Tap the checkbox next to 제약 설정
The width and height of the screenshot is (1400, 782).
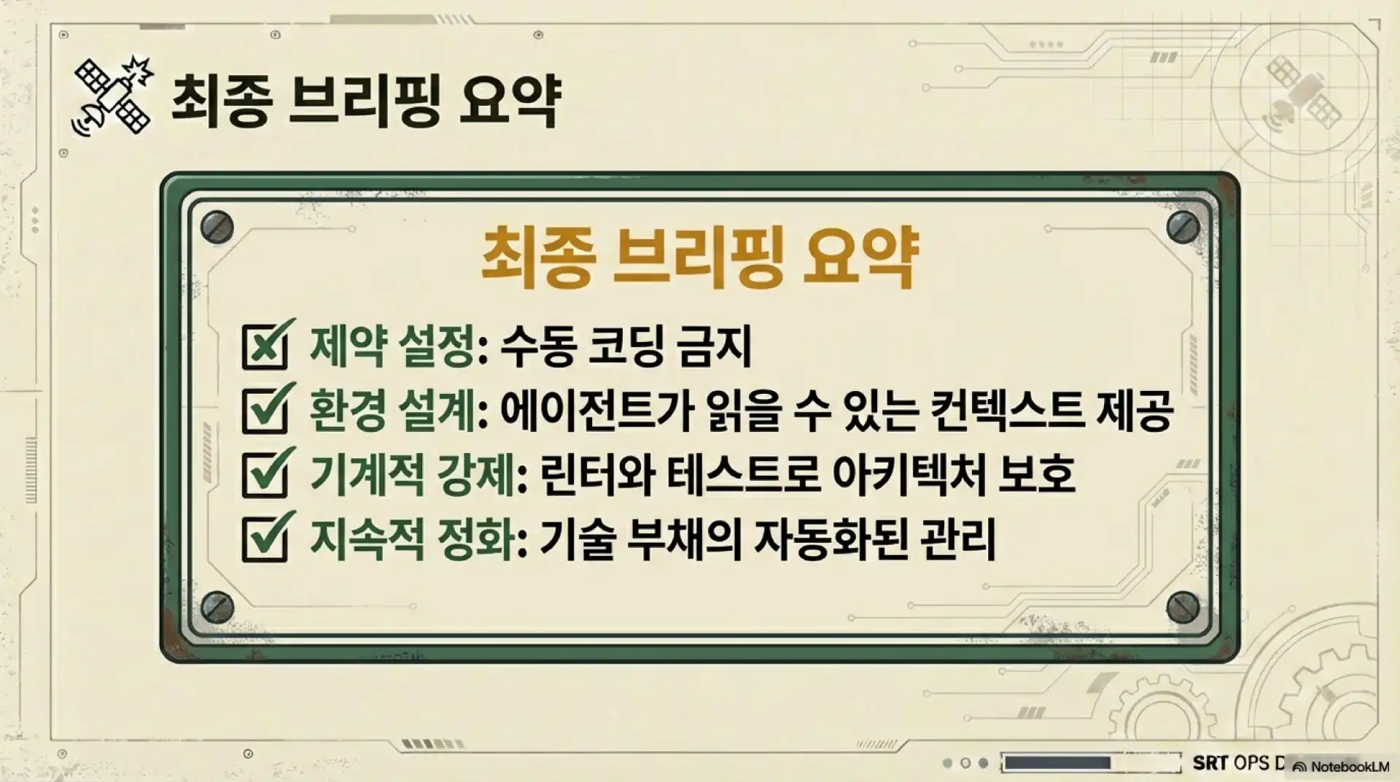pyautogui.click(x=265, y=347)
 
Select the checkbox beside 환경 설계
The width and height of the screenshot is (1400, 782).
pyautogui.click(x=265, y=410)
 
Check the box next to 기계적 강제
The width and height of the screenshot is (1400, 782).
pyautogui.click(x=265, y=474)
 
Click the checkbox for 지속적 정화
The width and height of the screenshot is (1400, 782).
pyautogui.click(x=265, y=538)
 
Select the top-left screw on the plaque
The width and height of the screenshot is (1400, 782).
pyautogui.click(x=217, y=227)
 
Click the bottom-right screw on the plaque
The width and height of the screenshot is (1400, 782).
pyautogui.click(x=1183, y=606)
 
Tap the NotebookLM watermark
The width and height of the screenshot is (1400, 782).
pyautogui.click(x=1341, y=767)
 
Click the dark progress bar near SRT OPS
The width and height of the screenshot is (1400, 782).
pyautogui.click(x=1057, y=763)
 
